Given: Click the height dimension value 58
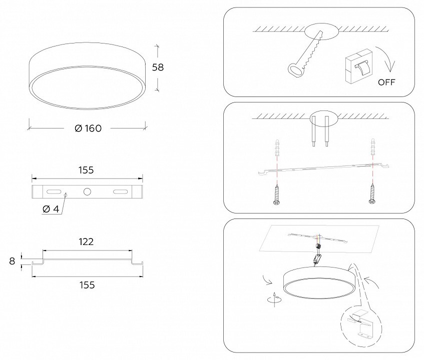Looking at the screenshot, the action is (x=158, y=67).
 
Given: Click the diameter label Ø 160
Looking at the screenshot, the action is (x=88, y=128).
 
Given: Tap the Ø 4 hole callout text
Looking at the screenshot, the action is (x=51, y=209).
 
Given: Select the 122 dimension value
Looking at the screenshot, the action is (x=86, y=241).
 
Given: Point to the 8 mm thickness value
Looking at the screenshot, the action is (x=12, y=261).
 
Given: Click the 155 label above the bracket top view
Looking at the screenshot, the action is (x=86, y=170).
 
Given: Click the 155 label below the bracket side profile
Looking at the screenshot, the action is (x=87, y=285).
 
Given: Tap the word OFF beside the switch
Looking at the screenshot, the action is (x=386, y=82).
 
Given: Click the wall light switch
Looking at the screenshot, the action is (x=358, y=66).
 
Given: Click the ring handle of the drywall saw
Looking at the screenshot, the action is (x=295, y=70).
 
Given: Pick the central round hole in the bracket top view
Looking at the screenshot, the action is (x=87, y=191).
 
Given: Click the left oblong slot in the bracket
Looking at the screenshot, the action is (x=54, y=191).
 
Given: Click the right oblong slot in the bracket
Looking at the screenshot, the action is (x=120, y=191).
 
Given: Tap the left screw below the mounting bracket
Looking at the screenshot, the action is (x=277, y=194).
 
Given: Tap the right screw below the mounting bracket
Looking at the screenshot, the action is (x=372, y=193).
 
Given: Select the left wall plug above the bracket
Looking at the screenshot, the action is (x=277, y=148).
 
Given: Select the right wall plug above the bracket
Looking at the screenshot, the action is (x=373, y=146).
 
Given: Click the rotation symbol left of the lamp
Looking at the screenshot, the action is (x=274, y=299).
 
